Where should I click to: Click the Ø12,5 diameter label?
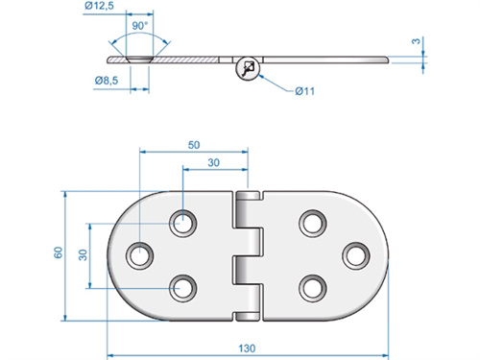[x=99, y=7]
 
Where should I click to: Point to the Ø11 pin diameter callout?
[x=305, y=90]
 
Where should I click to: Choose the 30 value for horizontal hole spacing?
[x=216, y=162]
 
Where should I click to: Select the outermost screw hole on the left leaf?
[x=143, y=255]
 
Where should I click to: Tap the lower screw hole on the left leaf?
[x=182, y=286]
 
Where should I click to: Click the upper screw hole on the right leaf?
[x=312, y=224]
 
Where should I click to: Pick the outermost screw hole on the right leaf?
[x=355, y=255]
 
